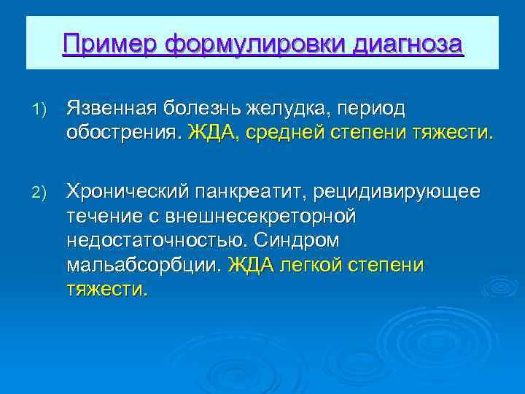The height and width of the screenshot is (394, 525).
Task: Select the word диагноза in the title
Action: [407, 44]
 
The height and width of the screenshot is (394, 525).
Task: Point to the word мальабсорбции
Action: [143, 266]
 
